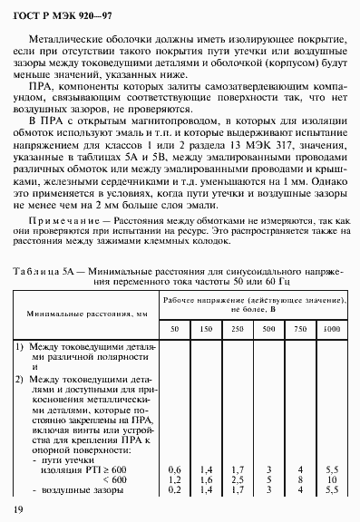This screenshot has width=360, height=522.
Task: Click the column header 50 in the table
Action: tap(175, 327)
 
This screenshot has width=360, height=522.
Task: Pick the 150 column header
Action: tap(206, 327)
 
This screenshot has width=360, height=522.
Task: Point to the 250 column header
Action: tap(238, 327)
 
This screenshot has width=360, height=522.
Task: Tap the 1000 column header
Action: tap(331, 327)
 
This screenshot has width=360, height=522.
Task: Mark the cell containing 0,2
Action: tap(175, 489)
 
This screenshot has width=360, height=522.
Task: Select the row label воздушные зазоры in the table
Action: tap(72, 489)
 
